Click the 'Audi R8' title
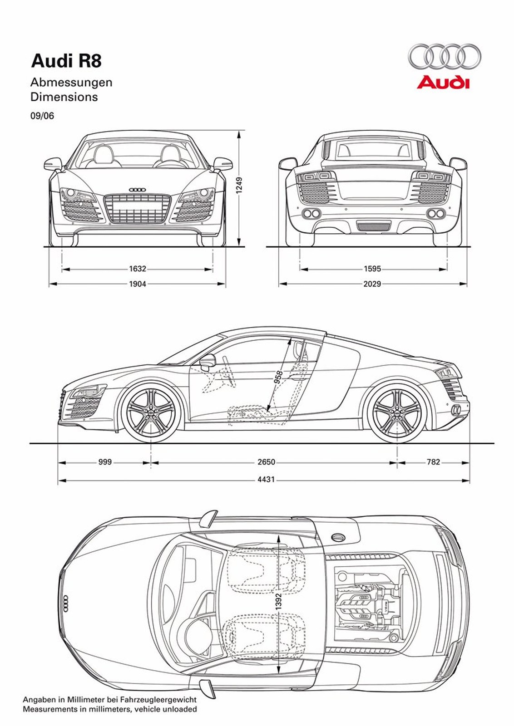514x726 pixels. pyautogui.click(x=66, y=61)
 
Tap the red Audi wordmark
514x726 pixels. pyautogui.click(x=443, y=83)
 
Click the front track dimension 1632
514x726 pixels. pyautogui.click(x=138, y=269)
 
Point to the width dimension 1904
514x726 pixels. pyautogui.click(x=138, y=284)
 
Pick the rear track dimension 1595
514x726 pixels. pyautogui.click(x=372, y=269)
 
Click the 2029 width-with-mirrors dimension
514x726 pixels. pyautogui.click(x=372, y=284)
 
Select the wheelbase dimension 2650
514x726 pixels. pyautogui.click(x=267, y=462)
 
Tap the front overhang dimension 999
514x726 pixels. pyautogui.click(x=105, y=462)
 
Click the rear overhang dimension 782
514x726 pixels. pyautogui.click(x=433, y=462)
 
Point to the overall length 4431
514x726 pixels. pyautogui.click(x=267, y=479)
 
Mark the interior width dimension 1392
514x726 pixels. pyautogui.click(x=278, y=601)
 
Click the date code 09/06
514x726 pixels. pyautogui.click(x=42, y=116)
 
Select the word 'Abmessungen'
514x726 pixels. pyautogui.click(x=71, y=83)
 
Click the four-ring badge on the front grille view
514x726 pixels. pyautogui.click(x=137, y=190)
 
